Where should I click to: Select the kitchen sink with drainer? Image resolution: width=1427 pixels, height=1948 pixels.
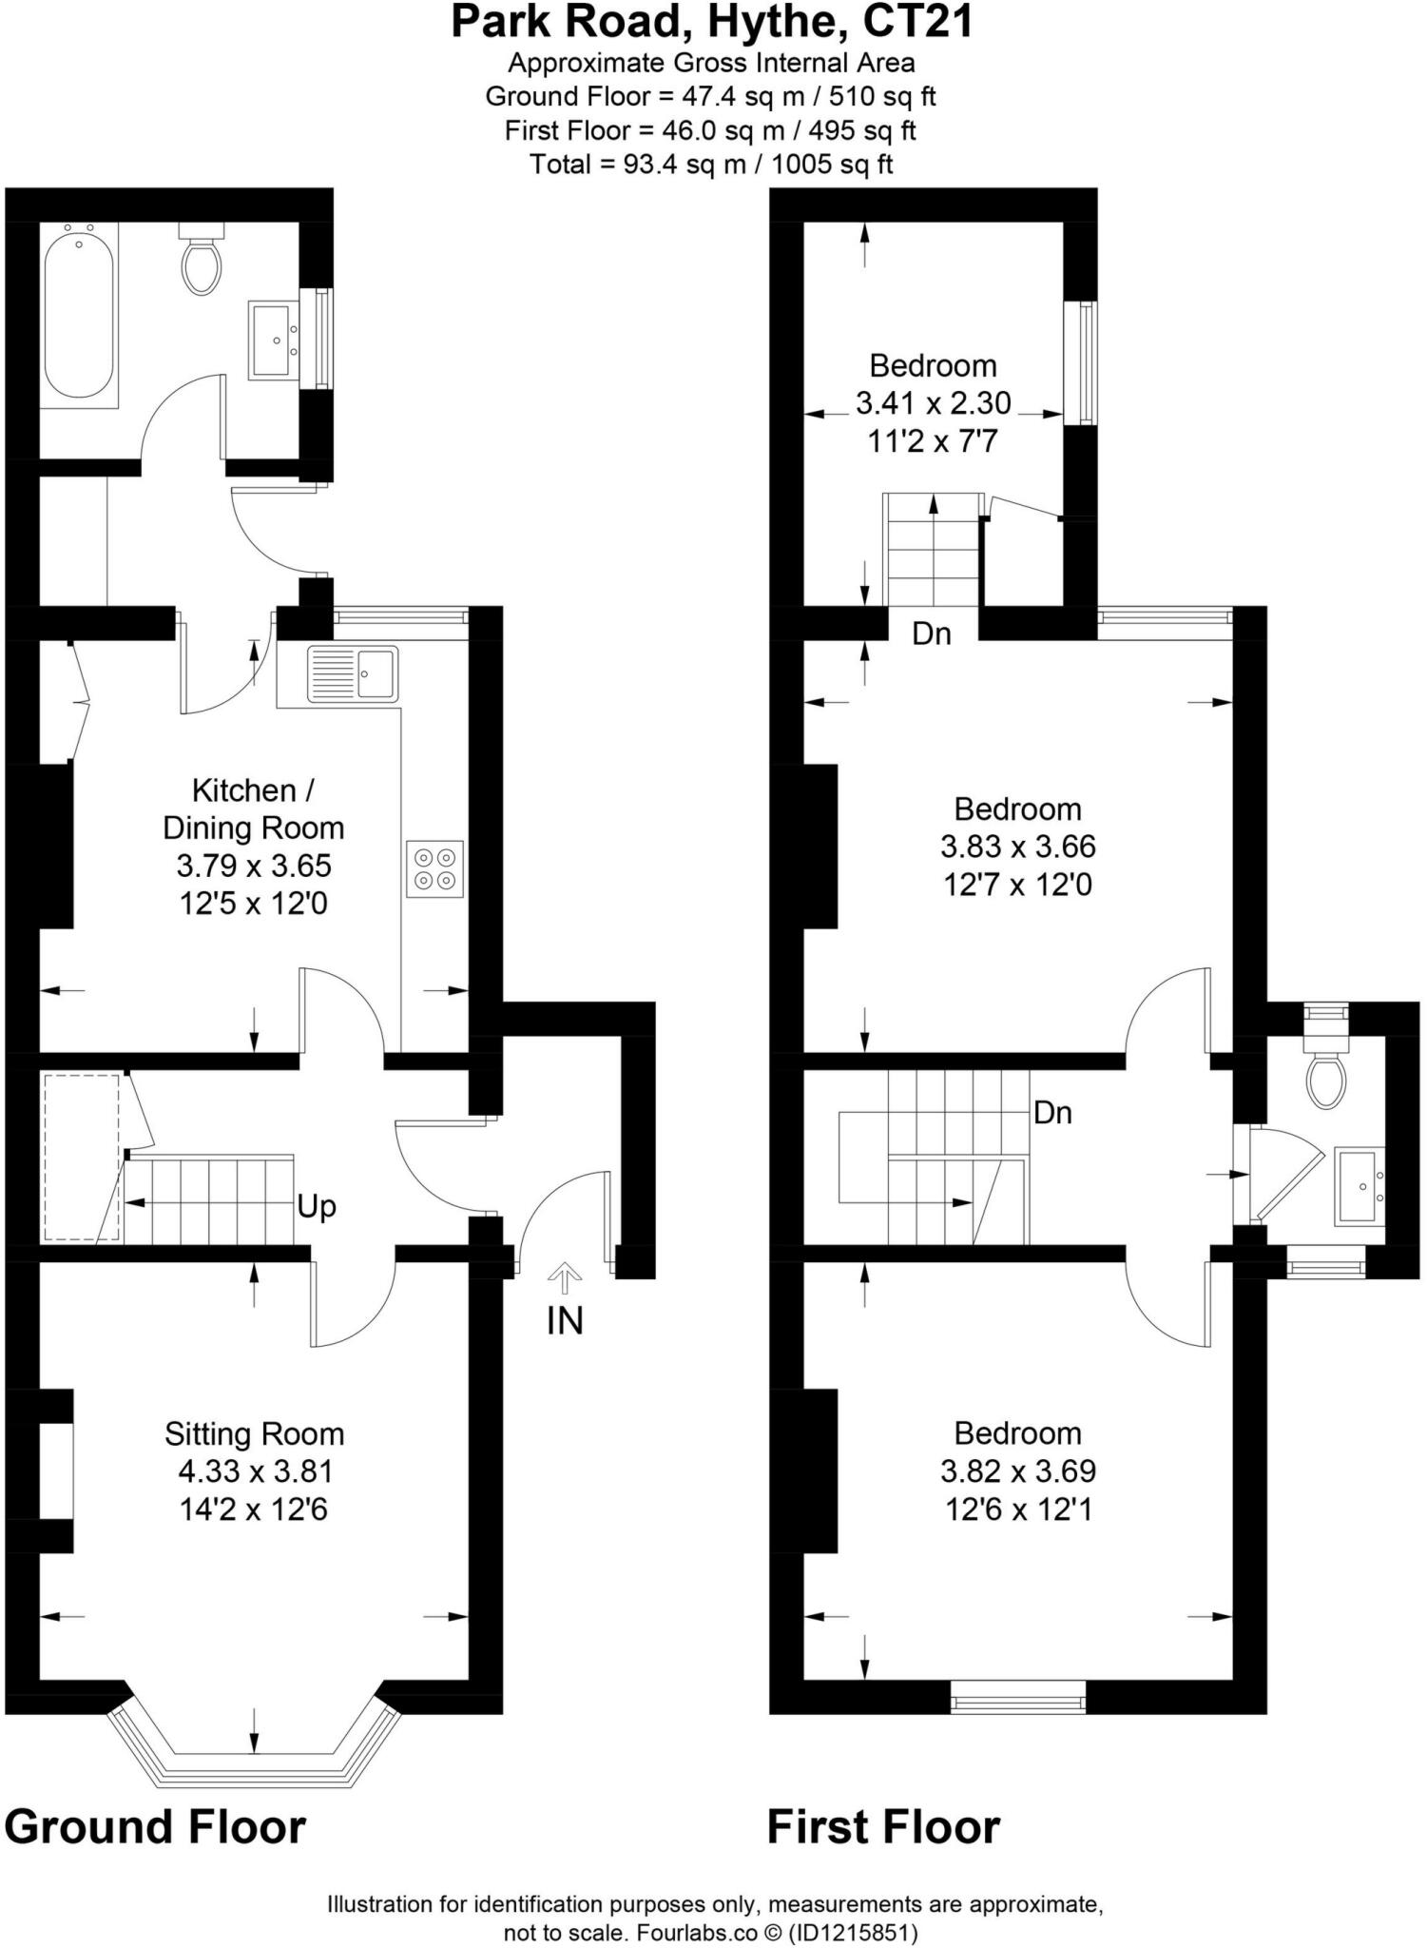point(352,673)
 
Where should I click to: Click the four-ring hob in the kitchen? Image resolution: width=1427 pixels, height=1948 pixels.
point(434,868)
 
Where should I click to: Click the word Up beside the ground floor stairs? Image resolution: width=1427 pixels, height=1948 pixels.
point(317,1207)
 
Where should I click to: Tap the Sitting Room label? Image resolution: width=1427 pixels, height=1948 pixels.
point(254,1433)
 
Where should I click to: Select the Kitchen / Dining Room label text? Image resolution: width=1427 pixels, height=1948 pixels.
point(253,808)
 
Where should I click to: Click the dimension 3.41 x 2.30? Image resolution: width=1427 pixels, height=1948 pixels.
point(933,403)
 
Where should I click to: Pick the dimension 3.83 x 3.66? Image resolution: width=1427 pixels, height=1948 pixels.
point(1017,847)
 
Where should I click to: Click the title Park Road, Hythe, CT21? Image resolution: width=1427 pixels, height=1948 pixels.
point(712,23)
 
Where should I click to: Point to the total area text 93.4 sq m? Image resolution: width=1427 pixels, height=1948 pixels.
point(711,165)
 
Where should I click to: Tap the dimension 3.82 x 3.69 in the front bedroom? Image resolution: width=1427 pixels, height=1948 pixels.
point(1017,1471)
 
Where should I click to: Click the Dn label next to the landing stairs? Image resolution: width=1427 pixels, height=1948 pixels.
point(1052,1112)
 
